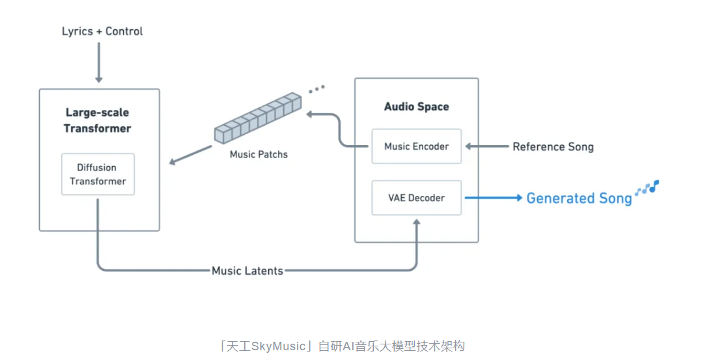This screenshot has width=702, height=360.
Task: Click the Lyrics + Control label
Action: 102,31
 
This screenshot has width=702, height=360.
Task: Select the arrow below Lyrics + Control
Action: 99,62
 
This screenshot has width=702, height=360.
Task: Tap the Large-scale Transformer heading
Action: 98,120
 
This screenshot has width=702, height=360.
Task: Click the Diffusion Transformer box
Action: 98,174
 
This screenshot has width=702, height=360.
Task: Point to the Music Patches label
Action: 259,154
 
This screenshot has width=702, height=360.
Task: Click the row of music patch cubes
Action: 258,118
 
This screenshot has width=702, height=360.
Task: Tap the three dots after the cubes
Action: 316,89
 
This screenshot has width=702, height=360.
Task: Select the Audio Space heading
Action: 416,107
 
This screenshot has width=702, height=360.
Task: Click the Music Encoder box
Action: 416,146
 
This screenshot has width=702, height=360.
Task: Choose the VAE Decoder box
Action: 416,198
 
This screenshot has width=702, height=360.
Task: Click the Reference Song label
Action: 553,146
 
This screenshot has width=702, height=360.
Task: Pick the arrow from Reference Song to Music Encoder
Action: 486,146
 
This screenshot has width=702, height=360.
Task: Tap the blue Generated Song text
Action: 579,198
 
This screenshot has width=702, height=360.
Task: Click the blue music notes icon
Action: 647,187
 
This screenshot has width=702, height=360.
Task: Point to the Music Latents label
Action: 247,271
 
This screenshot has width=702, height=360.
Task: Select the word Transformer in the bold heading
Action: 98,128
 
